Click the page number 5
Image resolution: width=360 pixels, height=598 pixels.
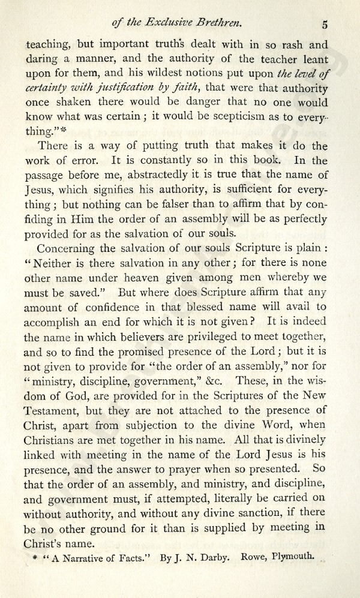click(324, 25)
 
